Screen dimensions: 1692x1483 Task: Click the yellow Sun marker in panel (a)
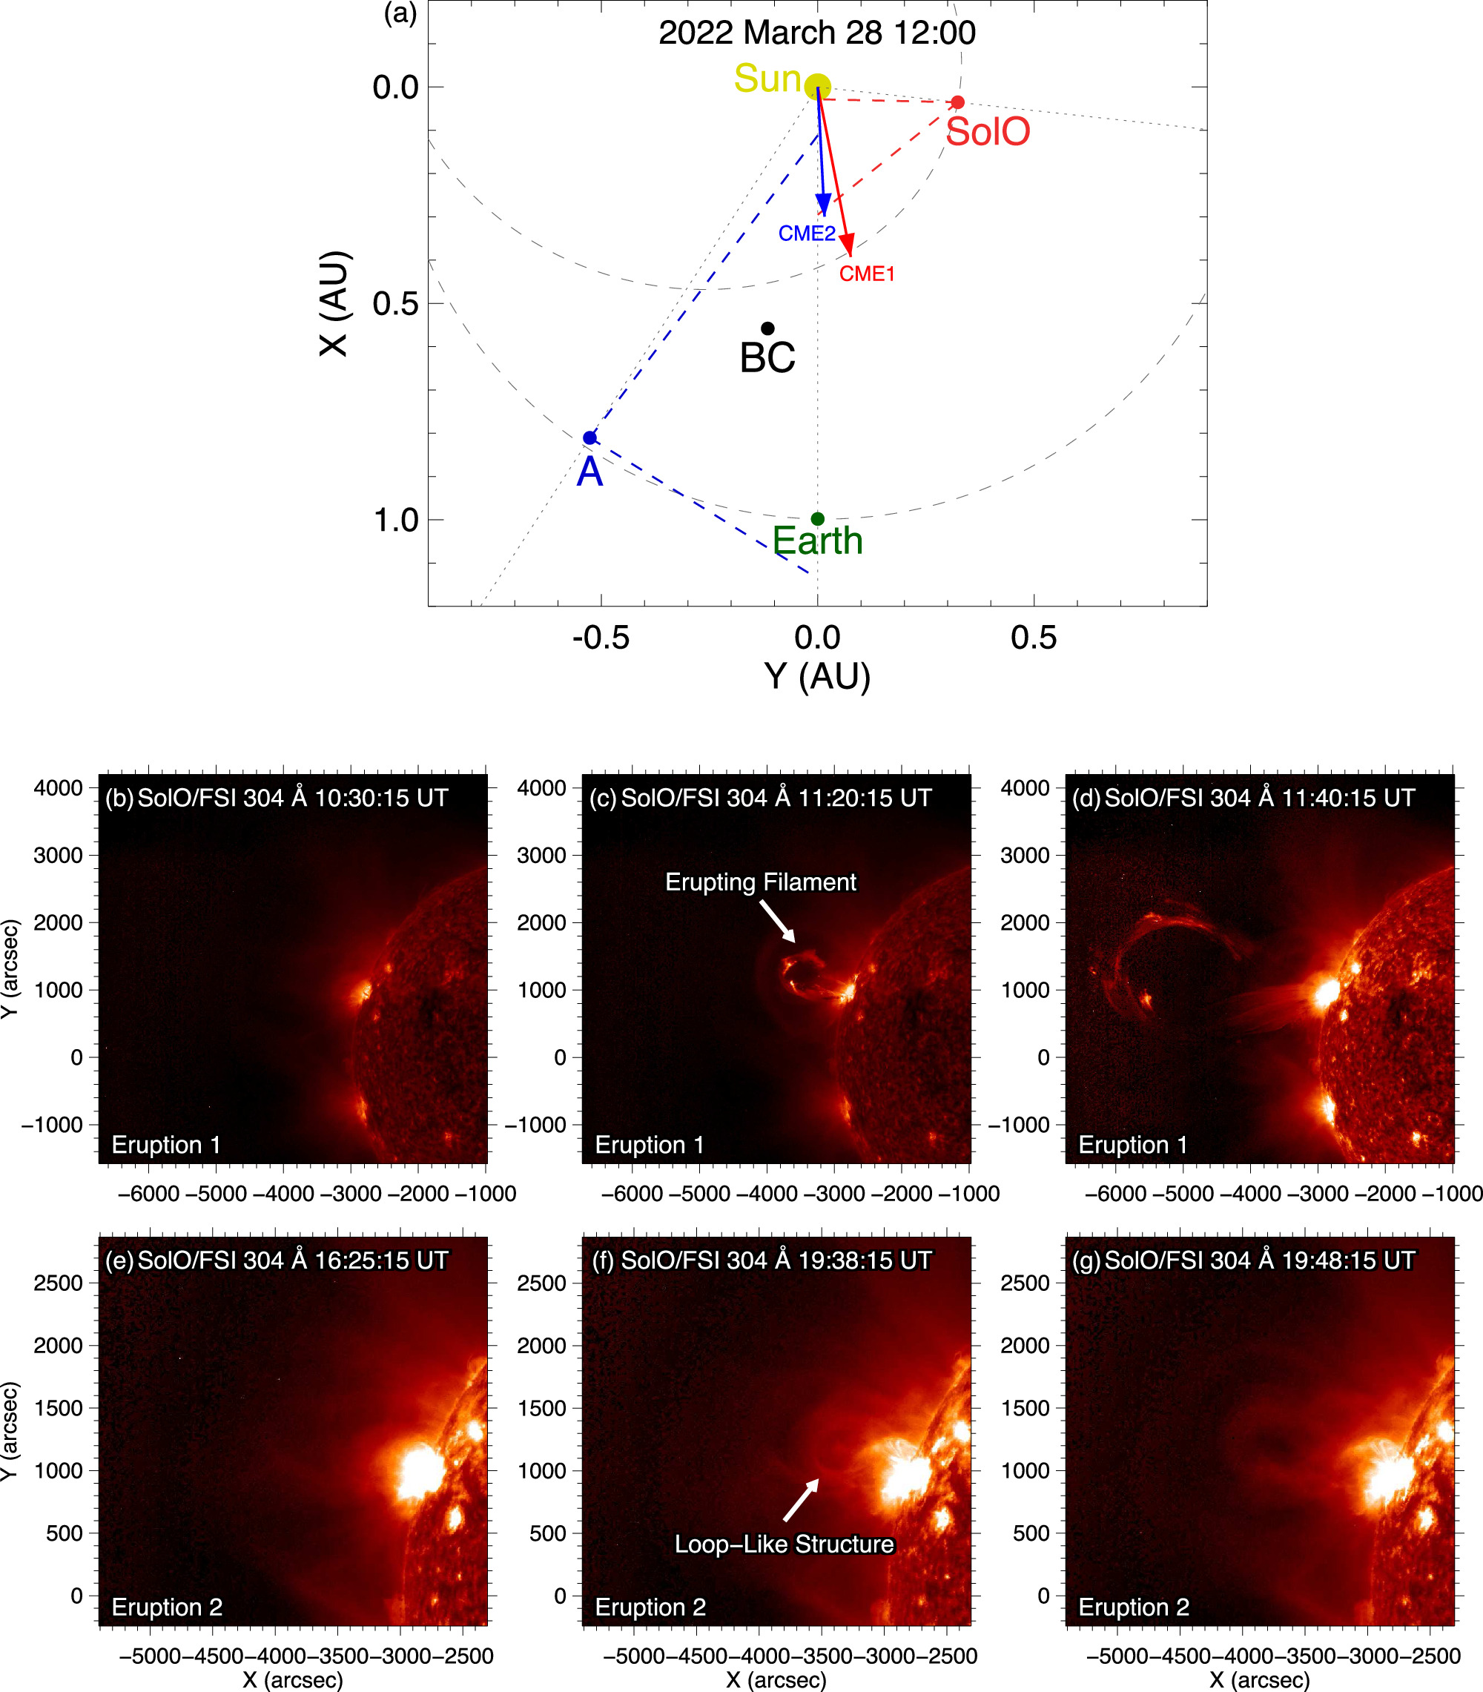click(x=817, y=86)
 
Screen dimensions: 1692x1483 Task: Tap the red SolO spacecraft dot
click(x=957, y=102)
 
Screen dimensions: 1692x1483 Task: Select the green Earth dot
click(x=817, y=519)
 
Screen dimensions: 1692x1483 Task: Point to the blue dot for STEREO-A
click(x=589, y=437)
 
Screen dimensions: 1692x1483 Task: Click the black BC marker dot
click(x=767, y=328)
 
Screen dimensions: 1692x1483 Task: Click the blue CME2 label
click(x=806, y=234)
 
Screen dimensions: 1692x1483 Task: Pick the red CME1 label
click(x=867, y=274)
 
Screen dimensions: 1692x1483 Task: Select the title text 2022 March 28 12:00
click(x=817, y=33)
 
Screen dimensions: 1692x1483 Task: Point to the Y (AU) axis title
click(x=817, y=676)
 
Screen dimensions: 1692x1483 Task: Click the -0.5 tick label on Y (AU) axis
click(x=601, y=637)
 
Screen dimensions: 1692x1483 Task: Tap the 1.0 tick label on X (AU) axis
click(x=395, y=521)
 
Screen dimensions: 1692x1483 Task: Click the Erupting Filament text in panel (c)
click(x=760, y=882)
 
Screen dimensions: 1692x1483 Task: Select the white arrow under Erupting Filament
click(x=778, y=921)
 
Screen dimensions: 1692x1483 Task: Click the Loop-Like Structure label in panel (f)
click(x=784, y=1544)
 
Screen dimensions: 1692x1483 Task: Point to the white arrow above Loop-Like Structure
click(x=801, y=1499)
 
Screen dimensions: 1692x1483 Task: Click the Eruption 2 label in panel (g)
click(x=1133, y=1607)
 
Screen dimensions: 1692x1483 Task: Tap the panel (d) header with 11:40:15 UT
click(x=1243, y=798)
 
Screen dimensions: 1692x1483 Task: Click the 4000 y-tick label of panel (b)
click(x=58, y=787)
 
